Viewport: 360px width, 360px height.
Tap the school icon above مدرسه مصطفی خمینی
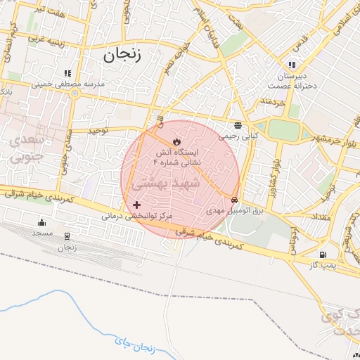point(67,73)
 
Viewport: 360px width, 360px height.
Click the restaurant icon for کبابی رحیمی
point(238,126)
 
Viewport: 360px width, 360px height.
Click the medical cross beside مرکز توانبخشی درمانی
point(136,205)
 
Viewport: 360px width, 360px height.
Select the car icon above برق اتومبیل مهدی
point(234,200)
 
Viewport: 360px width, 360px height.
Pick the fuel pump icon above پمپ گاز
point(323,255)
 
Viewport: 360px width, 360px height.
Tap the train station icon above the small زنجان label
point(67,236)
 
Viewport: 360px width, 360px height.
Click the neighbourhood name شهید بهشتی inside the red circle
point(167,183)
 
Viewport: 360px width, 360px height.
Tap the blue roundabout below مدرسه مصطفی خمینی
point(75,94)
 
